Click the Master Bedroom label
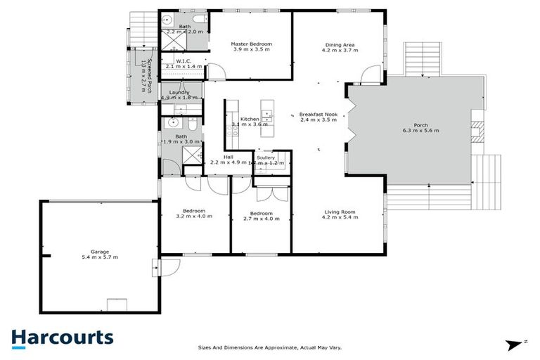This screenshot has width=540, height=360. [251, 44]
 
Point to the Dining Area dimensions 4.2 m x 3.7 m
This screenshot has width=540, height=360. [339, 51]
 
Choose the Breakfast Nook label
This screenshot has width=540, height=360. [319, 114]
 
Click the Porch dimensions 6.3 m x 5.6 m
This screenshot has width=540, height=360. [420, 131]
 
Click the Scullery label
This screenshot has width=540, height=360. [266, 157]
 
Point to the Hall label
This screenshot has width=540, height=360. [229, 157]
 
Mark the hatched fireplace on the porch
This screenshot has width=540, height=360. [475, 131]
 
